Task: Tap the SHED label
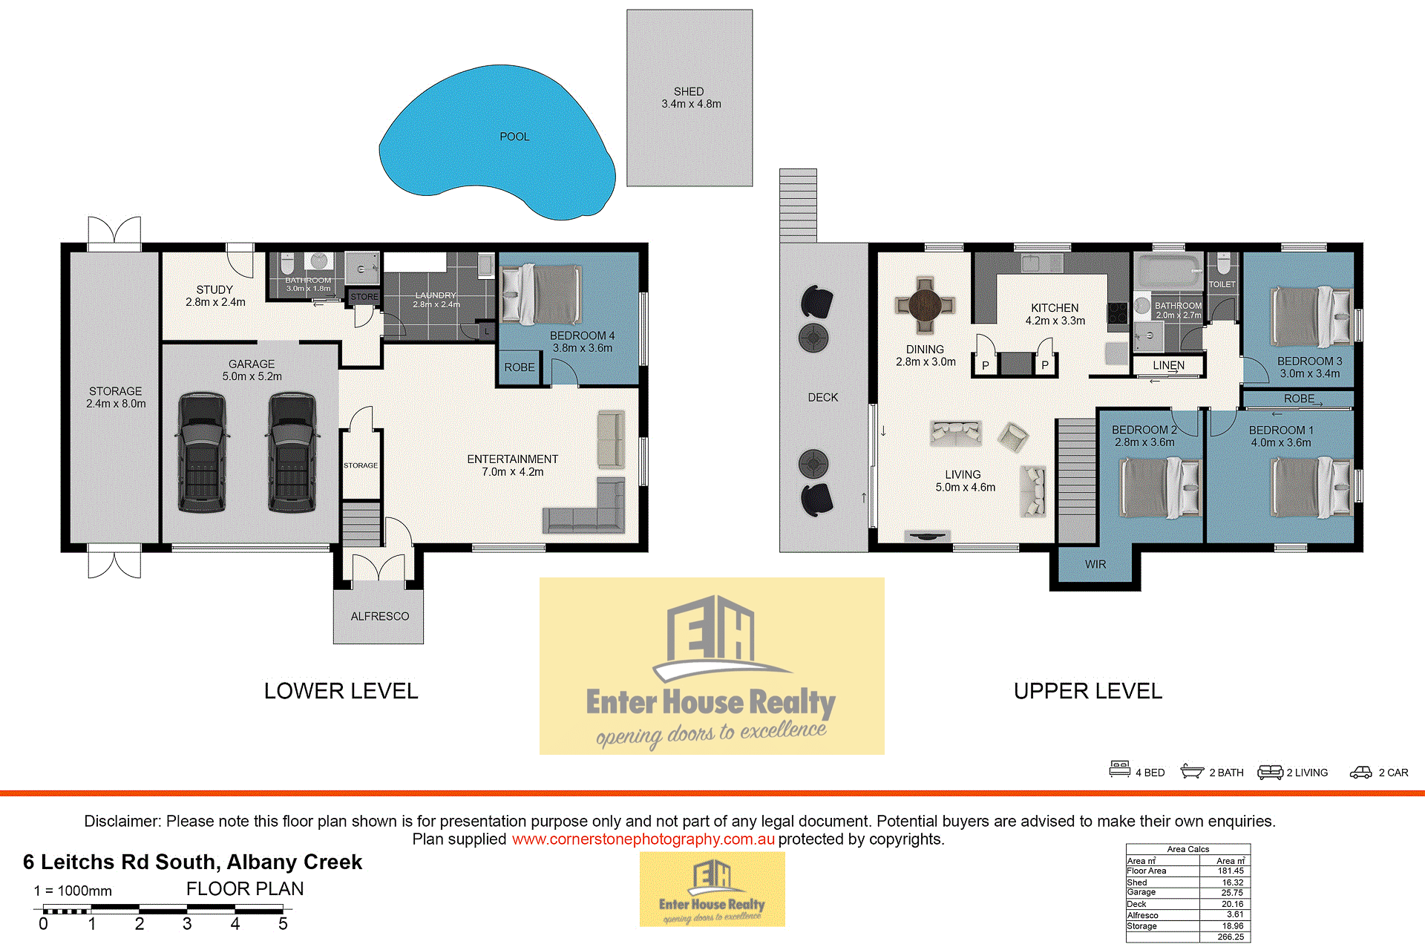[689, 91]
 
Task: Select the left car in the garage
[202, 453]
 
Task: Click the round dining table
[925, 304]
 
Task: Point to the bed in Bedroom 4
[541, 294]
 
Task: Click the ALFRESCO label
[380, 616]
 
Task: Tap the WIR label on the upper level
[1095, 564]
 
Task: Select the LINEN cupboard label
[1169, 365]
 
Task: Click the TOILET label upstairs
[1222, 284]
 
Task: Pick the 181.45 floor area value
[1231, 871]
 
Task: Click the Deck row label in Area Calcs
[1136, 904]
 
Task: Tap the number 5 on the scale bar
[283, 924]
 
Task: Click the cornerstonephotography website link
[643, 839]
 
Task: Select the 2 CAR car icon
[1360, 773]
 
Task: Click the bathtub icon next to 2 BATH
[1192, 771]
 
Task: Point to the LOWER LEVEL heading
[341, 691]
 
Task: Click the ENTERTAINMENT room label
[513, 459]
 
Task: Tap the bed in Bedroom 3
[1312, 317]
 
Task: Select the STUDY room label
[214, 289]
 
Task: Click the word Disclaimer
[122, 821]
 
